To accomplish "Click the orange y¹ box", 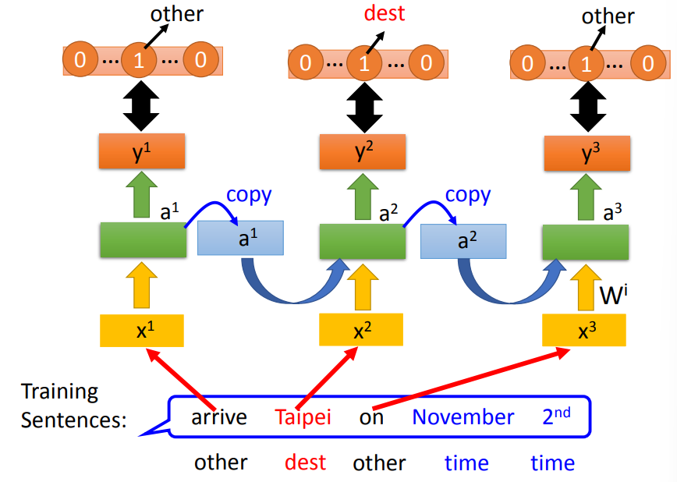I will click(141, 151).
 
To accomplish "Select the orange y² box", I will click(362, 151).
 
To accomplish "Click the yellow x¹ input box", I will click(141, 331).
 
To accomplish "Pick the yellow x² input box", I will click(362, 331).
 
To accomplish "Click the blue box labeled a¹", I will click(241, 238).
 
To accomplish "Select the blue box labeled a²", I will click(463, 239).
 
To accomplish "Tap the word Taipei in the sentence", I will click(303, 417).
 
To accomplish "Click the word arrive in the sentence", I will click(219, 417).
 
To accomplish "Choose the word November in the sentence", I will click(463, 417).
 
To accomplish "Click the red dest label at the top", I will click(385, 13).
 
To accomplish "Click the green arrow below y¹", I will click(141, 194).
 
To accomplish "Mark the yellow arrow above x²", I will click(362, 285).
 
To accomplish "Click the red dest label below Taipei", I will click(305, 463).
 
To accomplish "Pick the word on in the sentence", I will click(371, 417).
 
